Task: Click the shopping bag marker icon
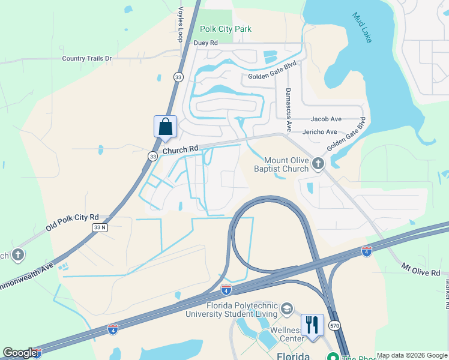click(165, 127)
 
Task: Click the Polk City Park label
click(226, 29)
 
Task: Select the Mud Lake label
click(362, 28)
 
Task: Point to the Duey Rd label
click(205, 43)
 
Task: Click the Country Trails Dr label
click(87, 58)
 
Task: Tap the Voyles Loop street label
click(180, 24)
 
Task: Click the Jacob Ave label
click(325, 119)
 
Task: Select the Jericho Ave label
click(324, 131)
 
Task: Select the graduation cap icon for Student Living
click(287, 308)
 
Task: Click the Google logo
click(20, 353)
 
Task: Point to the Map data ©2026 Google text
click(411, 355)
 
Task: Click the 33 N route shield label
click(100, 227)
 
